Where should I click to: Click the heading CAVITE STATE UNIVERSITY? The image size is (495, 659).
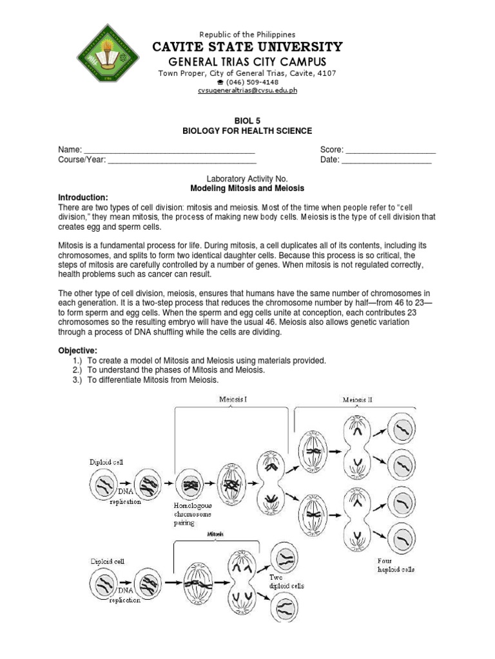pyautogui.click(x=247, y=47)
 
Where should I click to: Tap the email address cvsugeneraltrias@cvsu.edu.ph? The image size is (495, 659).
pyautogui.click(x=247, y=91)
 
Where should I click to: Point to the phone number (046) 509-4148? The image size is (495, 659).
pyautogui.click(x=250, y=82)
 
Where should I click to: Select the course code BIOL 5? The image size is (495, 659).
pyautogui.click(x=247, y=120)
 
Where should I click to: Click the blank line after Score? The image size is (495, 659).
pyautogui.click(x=390, y=151)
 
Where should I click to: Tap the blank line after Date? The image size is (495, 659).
pyautogui.click(x=386, y=160)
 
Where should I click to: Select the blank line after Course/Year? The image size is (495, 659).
pyautogui.click(x=182, y=160)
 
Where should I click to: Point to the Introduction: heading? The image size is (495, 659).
pyautogui.click(x=83, y=197)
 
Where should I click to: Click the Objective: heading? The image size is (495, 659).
pyautogui.click(x=78, y=350)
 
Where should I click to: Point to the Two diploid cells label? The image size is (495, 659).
pyautogui.click(x=286, y=582)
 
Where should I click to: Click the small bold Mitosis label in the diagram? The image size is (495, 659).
pyautogui.click(x=217, y=534)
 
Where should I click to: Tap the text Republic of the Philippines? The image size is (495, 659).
pyautogui.click(x=247, y=34)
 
